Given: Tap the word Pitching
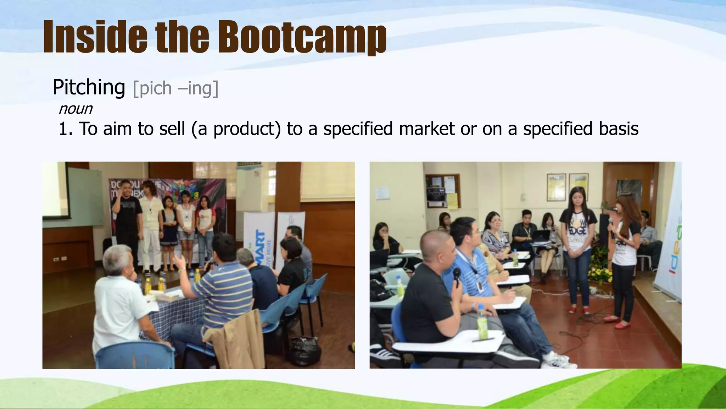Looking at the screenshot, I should coord(89,87).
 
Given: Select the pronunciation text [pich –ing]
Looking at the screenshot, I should coord(175,88).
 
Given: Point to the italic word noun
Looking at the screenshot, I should coord(75,109).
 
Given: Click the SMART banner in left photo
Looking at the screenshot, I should coord(258,245).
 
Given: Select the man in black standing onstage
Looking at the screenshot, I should coord(127,220).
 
